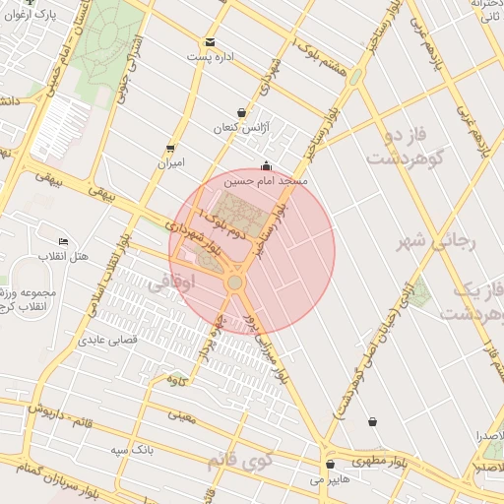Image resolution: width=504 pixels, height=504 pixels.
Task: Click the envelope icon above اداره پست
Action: [x=210, y=42]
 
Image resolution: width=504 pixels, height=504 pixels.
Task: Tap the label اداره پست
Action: [x=212, y=57]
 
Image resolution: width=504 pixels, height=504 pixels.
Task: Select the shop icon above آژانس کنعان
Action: [x=242, y=113]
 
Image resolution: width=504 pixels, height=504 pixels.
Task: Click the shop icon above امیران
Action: [x=171, y=149]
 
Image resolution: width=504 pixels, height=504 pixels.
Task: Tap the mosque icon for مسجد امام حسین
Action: [x=265, y=166]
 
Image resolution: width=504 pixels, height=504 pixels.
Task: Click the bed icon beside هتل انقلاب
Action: [x=64, y=242]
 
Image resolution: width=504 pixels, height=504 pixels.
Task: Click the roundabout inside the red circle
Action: [x=234, y=283]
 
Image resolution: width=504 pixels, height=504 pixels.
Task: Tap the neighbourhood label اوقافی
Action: [x=193, y=283]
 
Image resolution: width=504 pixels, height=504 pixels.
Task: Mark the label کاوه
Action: [x=177, y=380]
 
